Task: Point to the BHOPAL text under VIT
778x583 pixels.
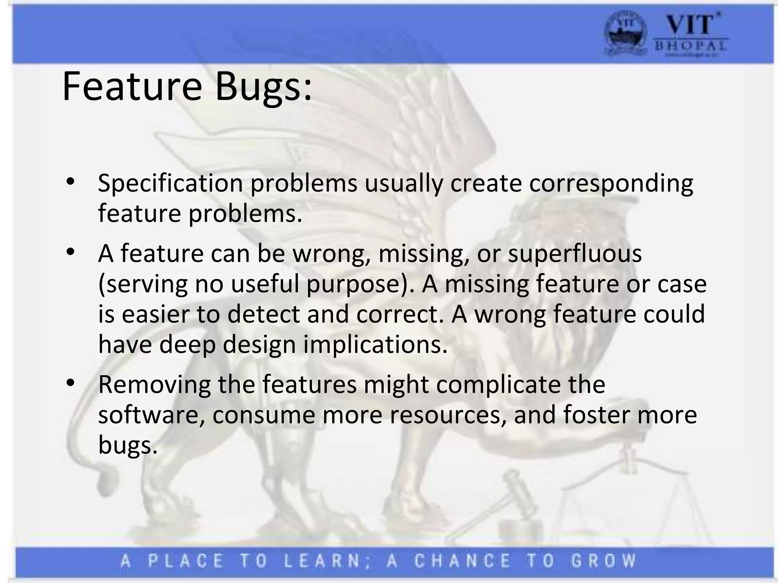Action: coord(690,46)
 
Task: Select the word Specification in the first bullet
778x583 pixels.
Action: coord(170,183)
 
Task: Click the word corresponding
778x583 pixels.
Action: coord(611,183)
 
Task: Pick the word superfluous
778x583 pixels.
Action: coord(575,254)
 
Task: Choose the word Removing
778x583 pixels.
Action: coord(154,384)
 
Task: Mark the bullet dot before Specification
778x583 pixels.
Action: coord(70,181)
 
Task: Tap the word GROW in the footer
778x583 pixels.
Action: coord(604,561)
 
